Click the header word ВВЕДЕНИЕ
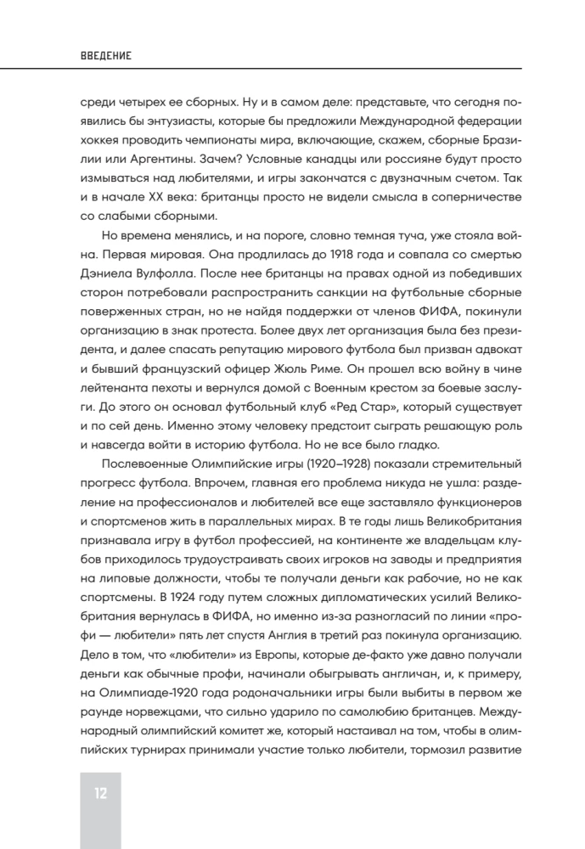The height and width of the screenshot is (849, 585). point(105,56)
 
